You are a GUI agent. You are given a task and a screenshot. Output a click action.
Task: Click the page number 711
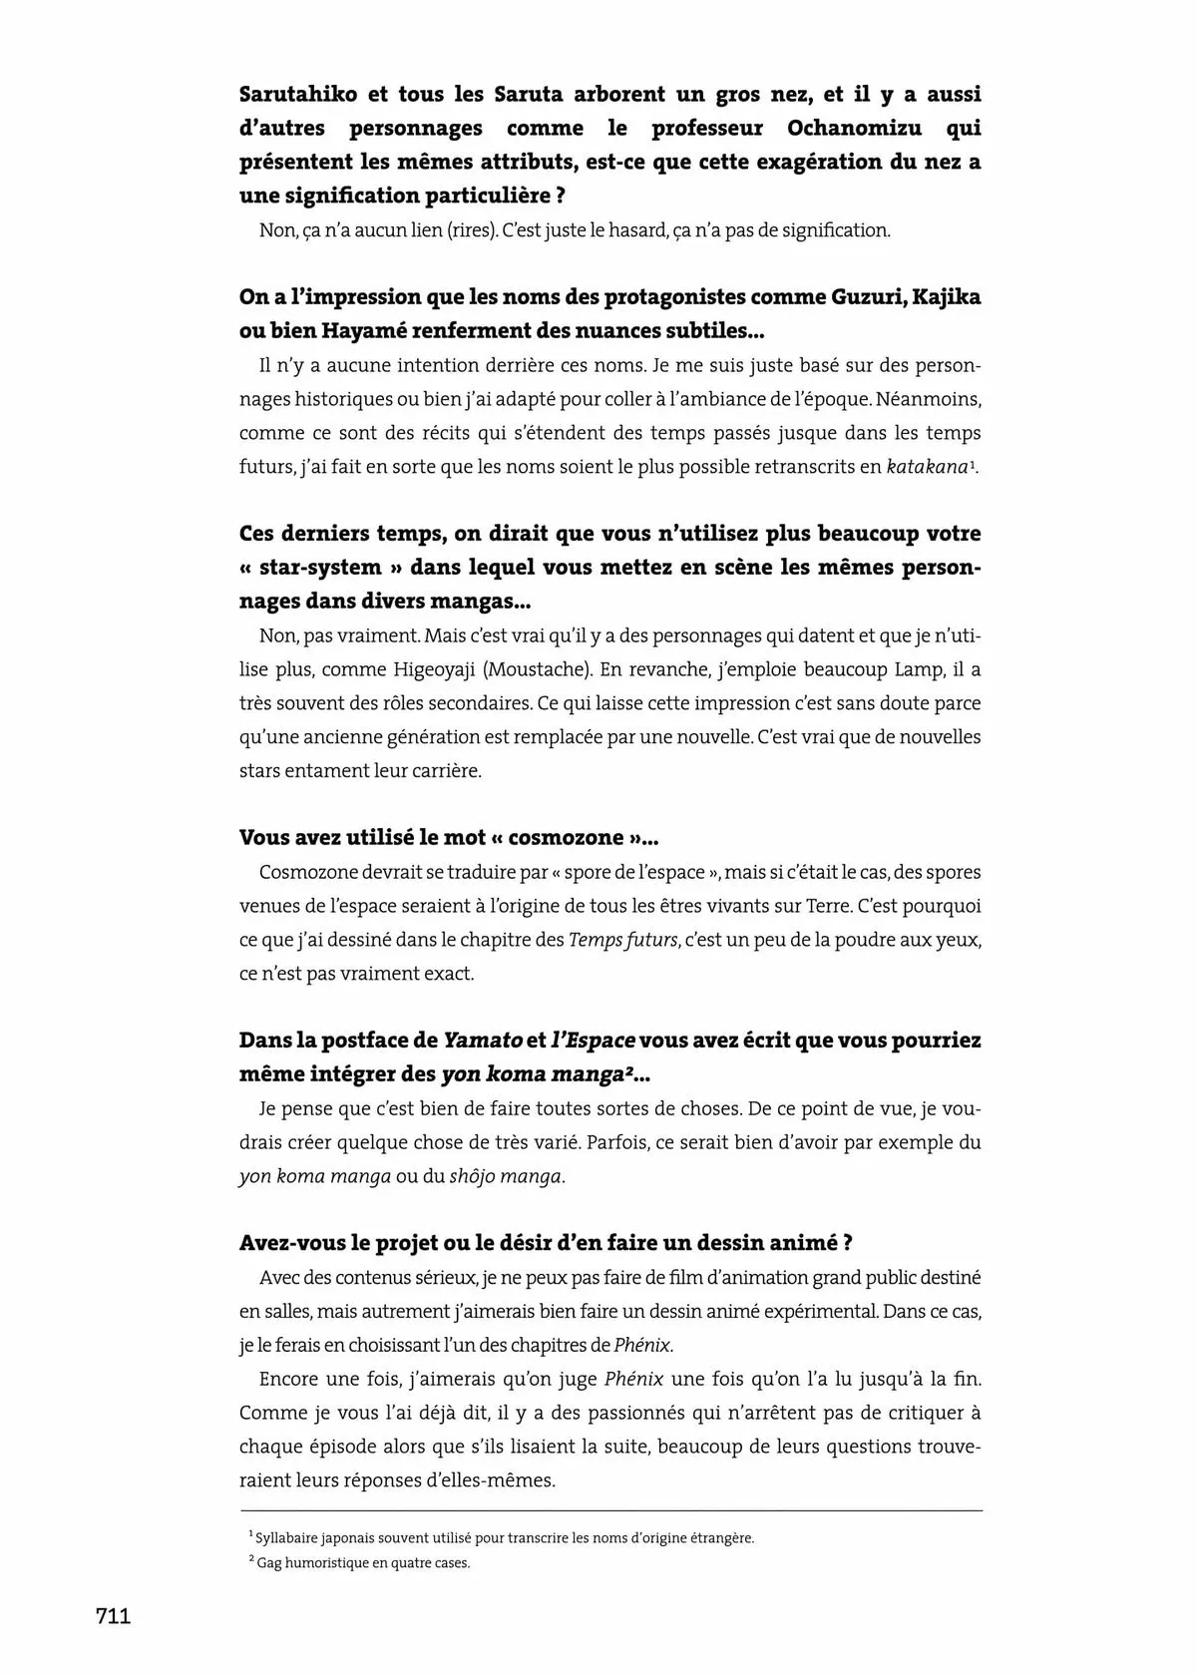(113, 1617)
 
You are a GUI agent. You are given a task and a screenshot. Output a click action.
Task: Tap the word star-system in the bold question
(319, 568)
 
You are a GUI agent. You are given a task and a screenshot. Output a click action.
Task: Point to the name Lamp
(928, 669)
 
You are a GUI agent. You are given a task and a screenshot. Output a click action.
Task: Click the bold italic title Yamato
(483, 1041)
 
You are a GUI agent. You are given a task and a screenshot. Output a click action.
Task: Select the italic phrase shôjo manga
(506, 1176)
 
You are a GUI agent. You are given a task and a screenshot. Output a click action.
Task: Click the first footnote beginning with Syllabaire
(503, 1538)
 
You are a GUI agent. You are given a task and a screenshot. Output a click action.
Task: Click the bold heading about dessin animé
(546, 1243)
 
